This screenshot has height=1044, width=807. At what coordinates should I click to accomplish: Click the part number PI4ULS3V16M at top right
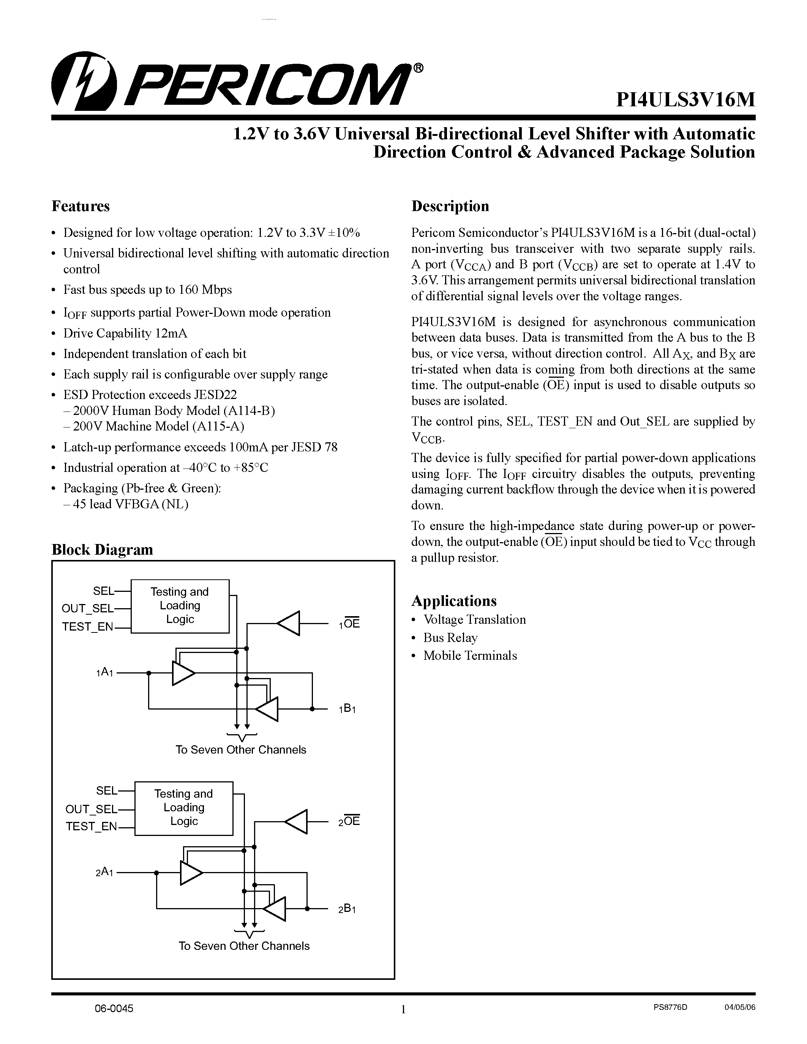pos(685,99)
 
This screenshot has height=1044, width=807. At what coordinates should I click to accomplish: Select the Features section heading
pos(80,206)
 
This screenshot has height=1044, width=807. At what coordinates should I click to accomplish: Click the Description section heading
pos(450,206)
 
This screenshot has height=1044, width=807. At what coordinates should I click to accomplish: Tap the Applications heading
pos(454,601)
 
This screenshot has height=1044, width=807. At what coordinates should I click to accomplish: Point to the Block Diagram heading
pos(102,549)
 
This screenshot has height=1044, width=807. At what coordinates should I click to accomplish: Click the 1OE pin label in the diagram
pos(349,623)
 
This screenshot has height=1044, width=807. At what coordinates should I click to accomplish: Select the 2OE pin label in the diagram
pos(349,821)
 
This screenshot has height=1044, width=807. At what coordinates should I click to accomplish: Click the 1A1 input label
pos(104,673)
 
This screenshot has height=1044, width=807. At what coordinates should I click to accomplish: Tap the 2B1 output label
pos(347,909)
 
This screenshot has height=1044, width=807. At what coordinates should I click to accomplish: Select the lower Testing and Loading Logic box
pos(183,807)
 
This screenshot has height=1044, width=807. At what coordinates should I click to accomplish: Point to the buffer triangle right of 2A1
pos(190,873)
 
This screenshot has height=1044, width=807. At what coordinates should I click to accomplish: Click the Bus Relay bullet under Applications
pos(450,638)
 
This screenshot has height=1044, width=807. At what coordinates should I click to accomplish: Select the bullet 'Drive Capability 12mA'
pos(125,333)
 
